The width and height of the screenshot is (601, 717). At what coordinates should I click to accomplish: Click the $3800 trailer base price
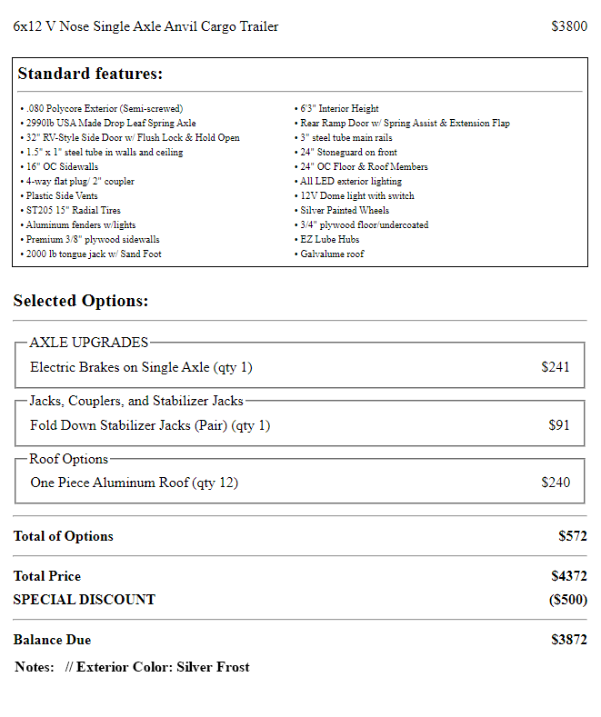click(x=569, y=26)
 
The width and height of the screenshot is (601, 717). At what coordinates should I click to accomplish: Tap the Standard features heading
click(x=90, y=74)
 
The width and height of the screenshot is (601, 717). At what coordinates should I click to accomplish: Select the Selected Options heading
click(x=81, y=301)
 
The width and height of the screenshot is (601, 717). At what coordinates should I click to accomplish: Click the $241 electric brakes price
click(x=556, y=367)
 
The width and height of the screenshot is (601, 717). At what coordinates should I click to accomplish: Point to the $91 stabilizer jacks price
click(x=559, y=425)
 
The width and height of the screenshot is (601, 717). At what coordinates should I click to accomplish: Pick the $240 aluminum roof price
click(x=556, y=483)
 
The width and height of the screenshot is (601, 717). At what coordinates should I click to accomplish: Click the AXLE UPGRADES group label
click(x=88, y=343)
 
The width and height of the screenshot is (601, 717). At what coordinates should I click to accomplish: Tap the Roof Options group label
click(x=69, y=459)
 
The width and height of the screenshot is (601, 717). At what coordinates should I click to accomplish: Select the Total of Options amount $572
click(x=572, y=536)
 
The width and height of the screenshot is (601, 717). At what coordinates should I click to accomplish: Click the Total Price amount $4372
click(x=569, y=576)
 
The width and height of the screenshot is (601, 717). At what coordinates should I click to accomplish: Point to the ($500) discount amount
click(x=567, y=600)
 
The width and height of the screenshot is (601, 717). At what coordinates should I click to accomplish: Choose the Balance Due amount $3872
click(x=569, y=640)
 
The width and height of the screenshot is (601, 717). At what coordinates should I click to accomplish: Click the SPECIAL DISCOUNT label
click(x=84, y=600)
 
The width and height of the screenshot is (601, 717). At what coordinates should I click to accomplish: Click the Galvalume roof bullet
click(x=332, y=254)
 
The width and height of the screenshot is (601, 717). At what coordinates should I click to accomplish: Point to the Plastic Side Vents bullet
click(x=62, y=196)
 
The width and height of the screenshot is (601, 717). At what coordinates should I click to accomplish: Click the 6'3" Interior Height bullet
click(x=339, y=109)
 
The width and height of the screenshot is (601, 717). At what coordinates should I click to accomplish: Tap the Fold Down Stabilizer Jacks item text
click(x=150, y=425)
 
